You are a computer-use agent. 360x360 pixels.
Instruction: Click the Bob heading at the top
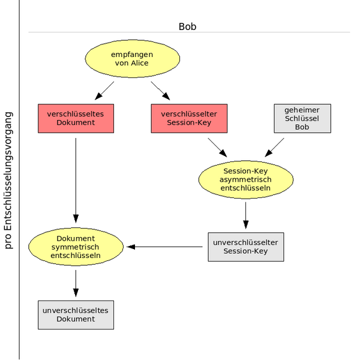(x=187, y=27)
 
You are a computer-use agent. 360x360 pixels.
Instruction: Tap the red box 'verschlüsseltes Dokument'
(x=76, y=118)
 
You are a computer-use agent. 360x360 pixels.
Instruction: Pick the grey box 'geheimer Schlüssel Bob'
(x=302, y=118)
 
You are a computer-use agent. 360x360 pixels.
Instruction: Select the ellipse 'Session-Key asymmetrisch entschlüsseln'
(x=245, y=179)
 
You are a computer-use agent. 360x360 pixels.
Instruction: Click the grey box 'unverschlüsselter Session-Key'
(x=245, y=247)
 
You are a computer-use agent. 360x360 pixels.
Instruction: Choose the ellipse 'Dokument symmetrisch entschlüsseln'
(x=76, y=247)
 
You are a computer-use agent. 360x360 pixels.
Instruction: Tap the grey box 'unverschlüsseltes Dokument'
(x=76, y=314)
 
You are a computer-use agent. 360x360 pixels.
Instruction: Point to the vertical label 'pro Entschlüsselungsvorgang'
(x=8, y=179)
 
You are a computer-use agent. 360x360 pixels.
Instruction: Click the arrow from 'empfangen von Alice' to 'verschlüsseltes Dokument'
(x=104, y=91)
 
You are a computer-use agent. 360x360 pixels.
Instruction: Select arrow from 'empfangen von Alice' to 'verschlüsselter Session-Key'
(x=160, y=91)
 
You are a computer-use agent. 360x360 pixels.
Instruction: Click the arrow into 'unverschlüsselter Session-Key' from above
(x=245, y=215)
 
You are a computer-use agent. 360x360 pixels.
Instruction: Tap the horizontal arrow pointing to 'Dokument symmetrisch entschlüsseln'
(x=164, y=247)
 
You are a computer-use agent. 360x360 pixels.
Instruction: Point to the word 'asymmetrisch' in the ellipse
(x=245, y=179)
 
